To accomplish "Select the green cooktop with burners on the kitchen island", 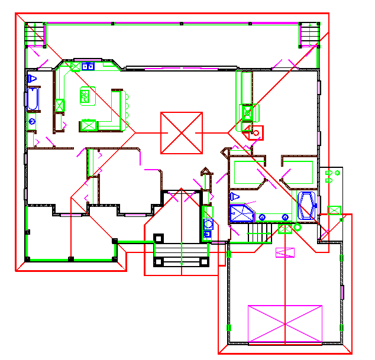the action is click(88, 95).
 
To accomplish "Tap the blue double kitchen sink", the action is click(88, 66).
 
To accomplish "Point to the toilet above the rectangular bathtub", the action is click(33, 78).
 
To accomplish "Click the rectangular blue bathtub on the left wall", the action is click(32, 99).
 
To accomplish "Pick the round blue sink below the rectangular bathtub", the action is click(32, 121).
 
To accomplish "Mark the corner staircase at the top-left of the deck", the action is click(35, 34).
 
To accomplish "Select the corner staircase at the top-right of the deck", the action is click(309, 34).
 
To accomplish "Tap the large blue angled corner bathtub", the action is click(307, 204).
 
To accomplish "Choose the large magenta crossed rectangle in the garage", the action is click(285, 324).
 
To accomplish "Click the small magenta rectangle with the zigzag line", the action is click(286, 252).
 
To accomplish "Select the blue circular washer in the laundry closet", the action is click(208, 223).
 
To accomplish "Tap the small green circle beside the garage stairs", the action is click(298, 227).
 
